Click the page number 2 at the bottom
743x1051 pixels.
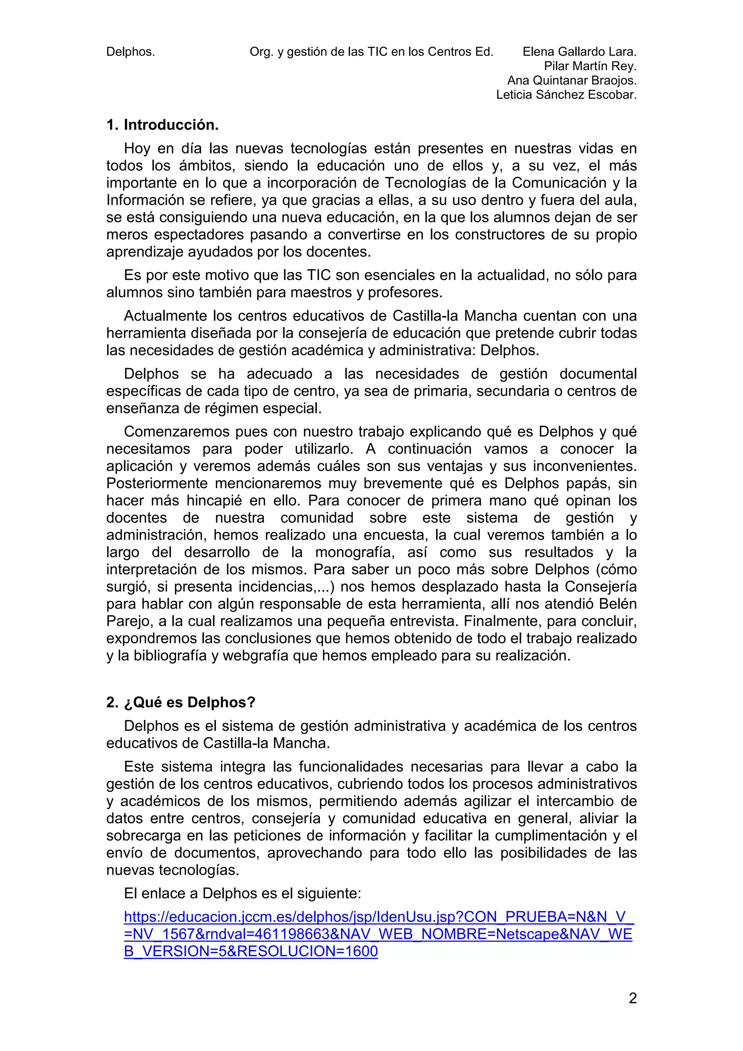click(632, 998)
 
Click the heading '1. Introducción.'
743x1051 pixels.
click(162, 125)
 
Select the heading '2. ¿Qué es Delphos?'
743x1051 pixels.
click(180, 702)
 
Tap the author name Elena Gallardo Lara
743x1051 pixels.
click(579, 52)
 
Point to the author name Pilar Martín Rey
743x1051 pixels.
click(590, 66)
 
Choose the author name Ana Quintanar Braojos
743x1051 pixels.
click(572, 81)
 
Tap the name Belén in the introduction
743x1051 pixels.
click(617, 604)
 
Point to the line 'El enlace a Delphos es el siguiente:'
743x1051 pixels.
click(243, 893)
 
